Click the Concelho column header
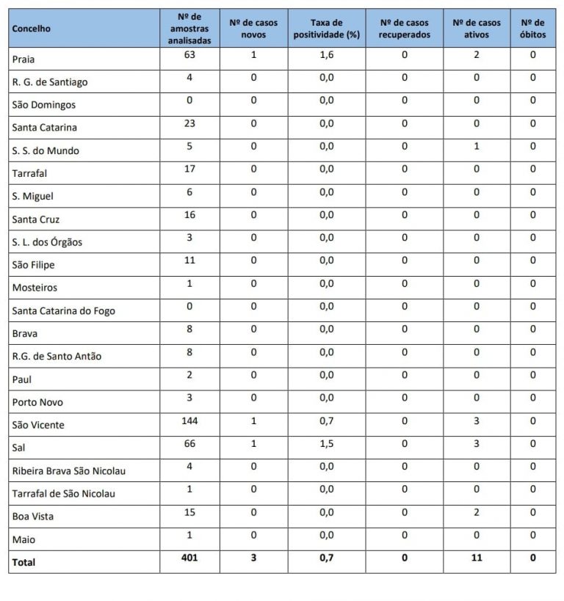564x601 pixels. [x=32, y=29]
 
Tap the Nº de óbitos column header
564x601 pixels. [x=532, y=29]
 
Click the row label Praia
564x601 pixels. [x=23, y=59]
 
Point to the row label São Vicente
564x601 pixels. [x=38, y=425]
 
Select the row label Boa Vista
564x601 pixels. [x=32, y=517]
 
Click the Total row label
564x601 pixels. [x=23, y=563]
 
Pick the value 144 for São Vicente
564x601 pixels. [x=189, y=421]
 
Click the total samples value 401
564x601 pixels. [x=189, y=558]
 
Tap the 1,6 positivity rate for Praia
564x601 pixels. [x=327, y=55]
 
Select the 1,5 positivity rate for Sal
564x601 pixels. [x=327, y=444]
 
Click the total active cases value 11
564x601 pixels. [x=477, y=558]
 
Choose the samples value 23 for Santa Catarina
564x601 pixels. [x=189, y=123]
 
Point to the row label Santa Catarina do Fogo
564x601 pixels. [x=63, y=310]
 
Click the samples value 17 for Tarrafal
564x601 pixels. [x=189, y=169]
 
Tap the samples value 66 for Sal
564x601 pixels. [x=189, y=444]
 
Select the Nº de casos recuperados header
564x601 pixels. [x=405, y=29]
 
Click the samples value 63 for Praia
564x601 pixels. [x=189, y=55]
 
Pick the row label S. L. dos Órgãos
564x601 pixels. [x=47, y=242]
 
